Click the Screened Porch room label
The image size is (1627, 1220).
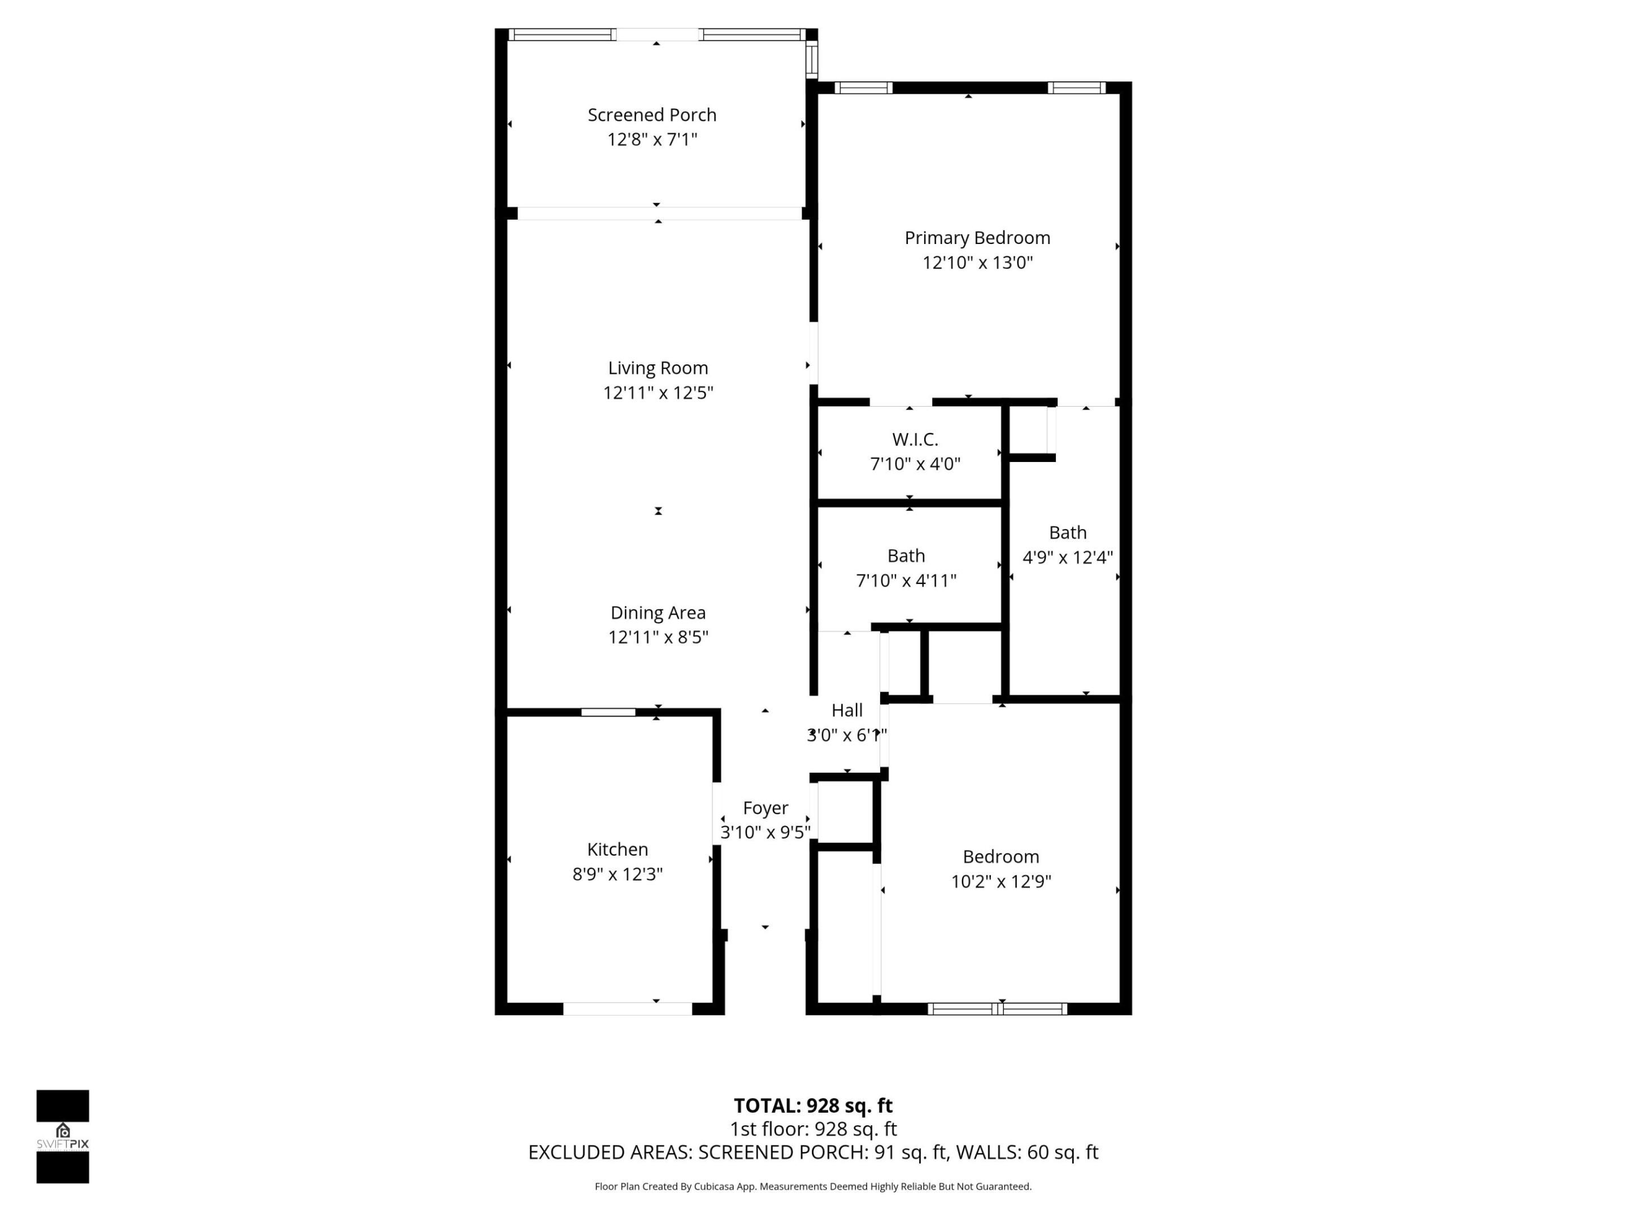pyautogui.click(x=652, y=115)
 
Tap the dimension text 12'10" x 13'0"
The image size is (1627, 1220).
pyautogui.click(x=977, y=263)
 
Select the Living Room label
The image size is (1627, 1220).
pyautogui.click(x=658, y=368)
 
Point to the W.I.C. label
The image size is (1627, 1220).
pyautogui.click(x=915, y=439)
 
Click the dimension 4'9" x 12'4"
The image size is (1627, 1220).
pyautogui.click(x=1067, y=557)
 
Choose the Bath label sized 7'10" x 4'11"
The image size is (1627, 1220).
pyautogui.click(x=906, y=556)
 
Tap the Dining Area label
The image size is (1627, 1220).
pyautogui.click(x=658, y=613)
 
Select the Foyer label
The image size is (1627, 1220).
pyautogui.click(x=765, y=808)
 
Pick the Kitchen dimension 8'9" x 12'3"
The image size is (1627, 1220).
pyautogui.click(x=617, y=874)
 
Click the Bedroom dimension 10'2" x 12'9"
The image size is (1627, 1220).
pyautogui.click(x=1000, y=882)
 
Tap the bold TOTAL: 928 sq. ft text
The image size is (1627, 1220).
pyautogui.click(x=813, y=1105)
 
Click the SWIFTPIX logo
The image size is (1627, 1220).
pyautogui.click(x=63, y=1136)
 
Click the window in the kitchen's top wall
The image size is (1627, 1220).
pyautogui.click(x=608, y=712)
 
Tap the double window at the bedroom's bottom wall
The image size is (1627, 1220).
pyautogui.click(x=997, y=1009)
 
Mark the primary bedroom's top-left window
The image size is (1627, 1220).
pyautogui.click(x=863, y=88)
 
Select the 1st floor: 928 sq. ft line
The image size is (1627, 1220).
pyautogui.click(x=813, y=1129)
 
